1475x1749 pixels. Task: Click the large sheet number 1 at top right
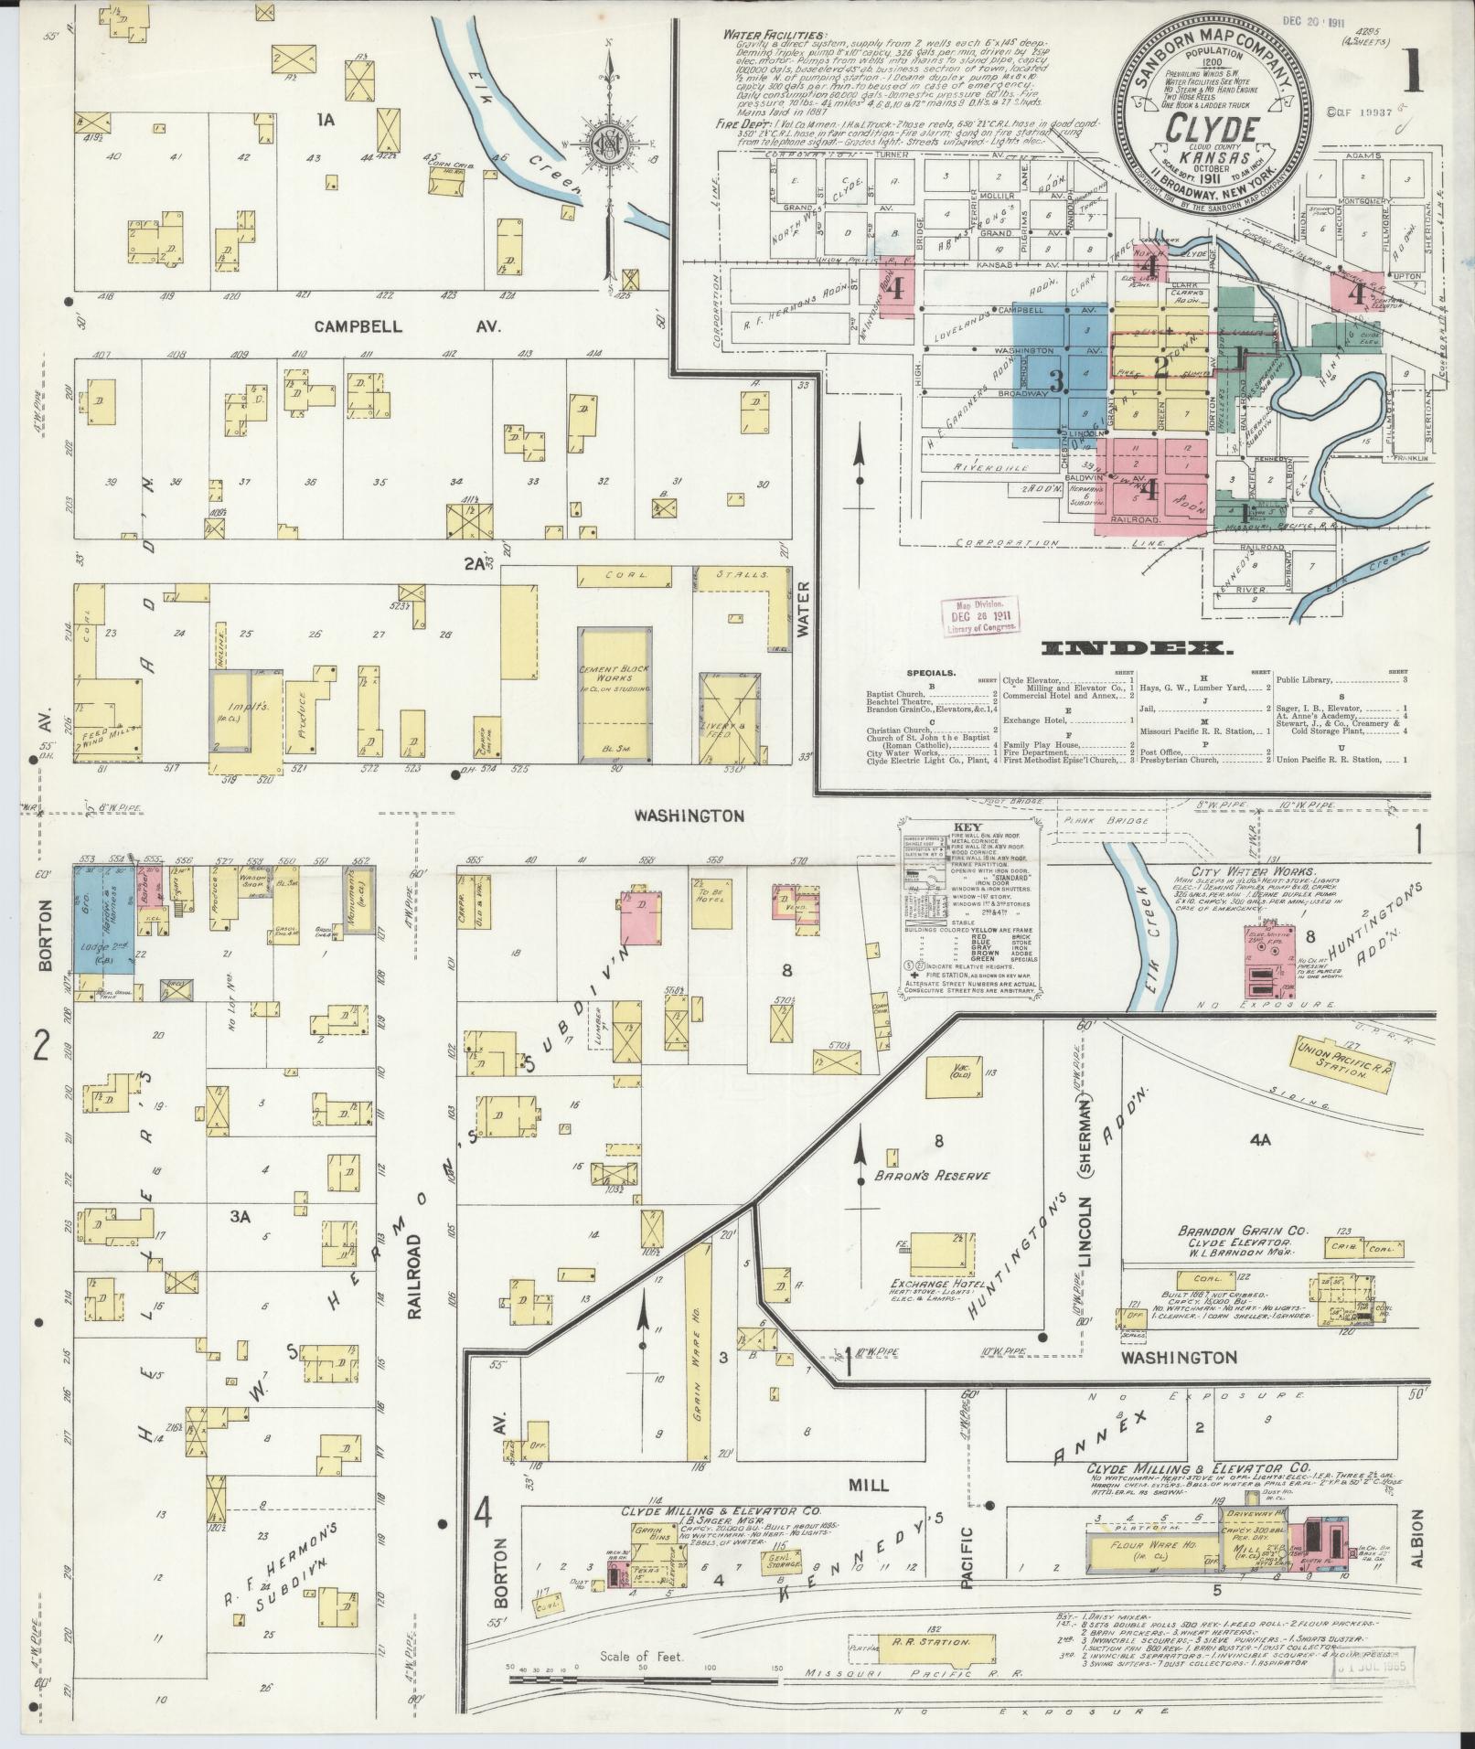click(x=1414, y=71)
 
